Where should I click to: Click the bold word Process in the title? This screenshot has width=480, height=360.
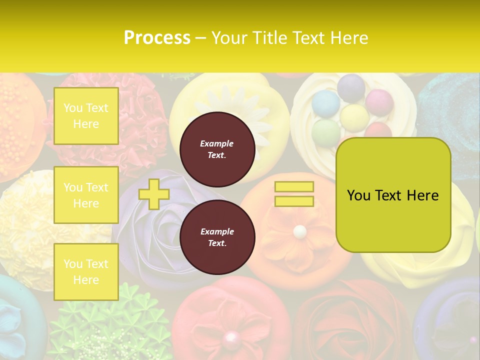click(x=157, y=38)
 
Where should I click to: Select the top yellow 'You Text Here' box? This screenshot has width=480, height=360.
click(x=86, y=116)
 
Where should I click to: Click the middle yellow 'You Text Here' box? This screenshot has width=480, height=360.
click(x=86, y=195)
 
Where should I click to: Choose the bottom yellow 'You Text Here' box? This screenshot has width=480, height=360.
click(x=86, y=272)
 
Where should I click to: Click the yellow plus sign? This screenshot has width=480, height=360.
click(x=154, y=194)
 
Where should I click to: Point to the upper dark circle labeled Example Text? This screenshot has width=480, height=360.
click(x=217, y=149)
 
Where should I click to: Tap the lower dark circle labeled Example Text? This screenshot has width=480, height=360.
click(x=217, y=237)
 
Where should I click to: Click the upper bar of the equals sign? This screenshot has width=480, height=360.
click(x=294, y=186)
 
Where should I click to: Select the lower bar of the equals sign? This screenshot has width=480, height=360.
click(x=294, y=201)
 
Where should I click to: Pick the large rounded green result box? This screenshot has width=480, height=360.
click(x=393, y=195)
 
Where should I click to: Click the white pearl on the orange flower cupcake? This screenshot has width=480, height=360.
click(x=299, y=231)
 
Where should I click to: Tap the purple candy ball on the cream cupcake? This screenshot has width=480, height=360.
click(x=351, y=86)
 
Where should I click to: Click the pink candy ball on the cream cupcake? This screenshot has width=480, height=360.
click(x=379, y=102)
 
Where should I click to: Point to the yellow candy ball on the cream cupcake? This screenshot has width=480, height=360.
click(x=354, y=116)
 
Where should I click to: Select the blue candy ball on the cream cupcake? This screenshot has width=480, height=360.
click(x=325, y=103)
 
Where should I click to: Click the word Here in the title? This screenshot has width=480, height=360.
click(x=349, y=38)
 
